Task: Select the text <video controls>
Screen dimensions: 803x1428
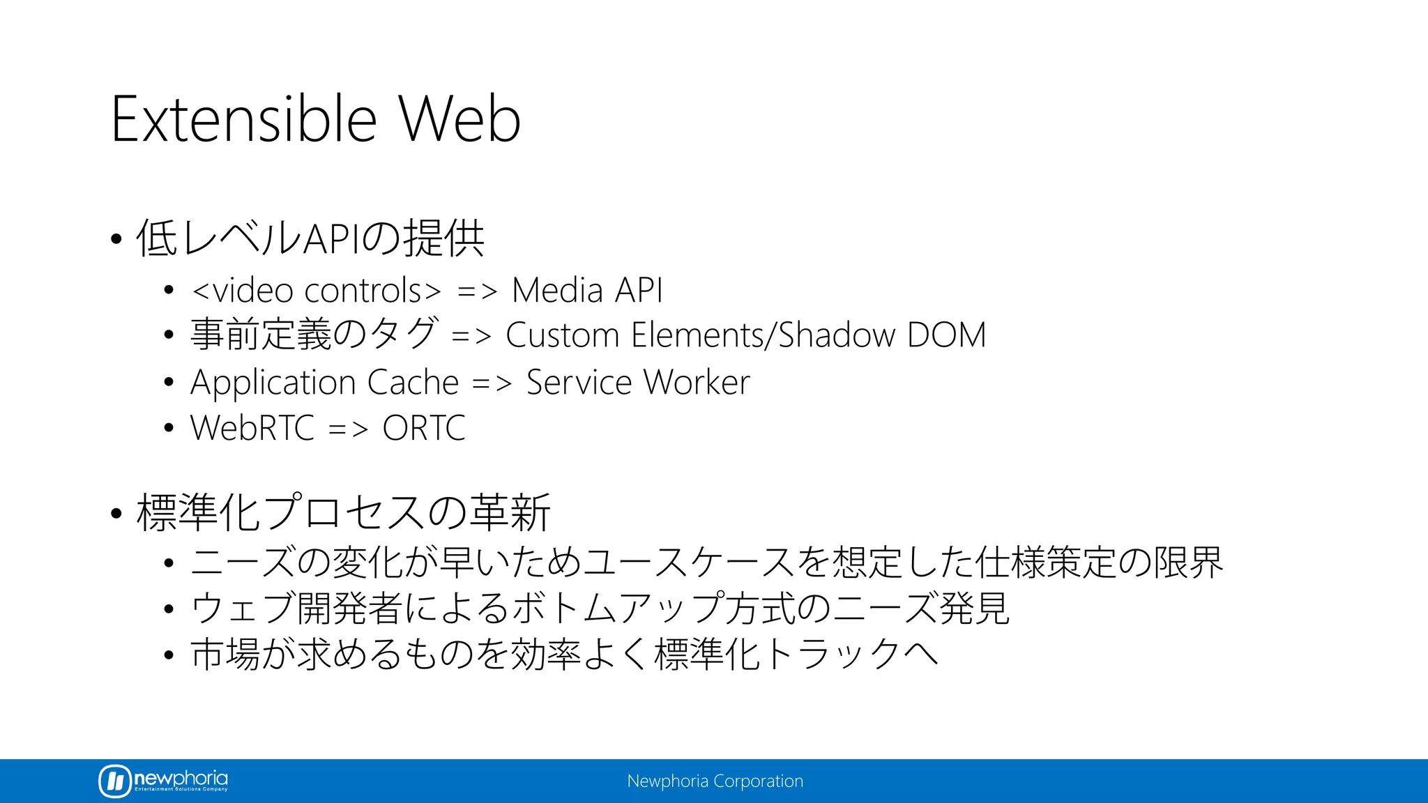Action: pos(317,290)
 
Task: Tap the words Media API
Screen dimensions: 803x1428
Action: pos(587,290)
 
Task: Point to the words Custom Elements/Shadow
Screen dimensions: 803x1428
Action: pos(700,335)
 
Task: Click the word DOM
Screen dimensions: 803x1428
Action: pos(947,335)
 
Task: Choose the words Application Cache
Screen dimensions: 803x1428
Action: pos(325,383)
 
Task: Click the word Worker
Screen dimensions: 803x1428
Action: pos(697,383)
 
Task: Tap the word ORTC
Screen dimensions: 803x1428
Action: pos(424,428)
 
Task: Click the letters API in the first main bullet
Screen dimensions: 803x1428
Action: pos(332,238)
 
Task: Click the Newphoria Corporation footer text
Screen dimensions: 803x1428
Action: pos(715,781)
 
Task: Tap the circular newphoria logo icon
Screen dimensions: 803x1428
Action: pos(114,781)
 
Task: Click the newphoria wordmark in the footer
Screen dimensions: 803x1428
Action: pos(181,778)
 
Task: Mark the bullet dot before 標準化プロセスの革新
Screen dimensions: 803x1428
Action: pos(116,514)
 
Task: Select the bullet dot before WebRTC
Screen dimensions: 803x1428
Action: pos(168,427)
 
